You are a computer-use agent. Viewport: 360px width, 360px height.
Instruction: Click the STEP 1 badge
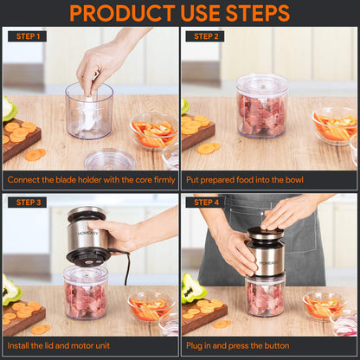click(27, 36)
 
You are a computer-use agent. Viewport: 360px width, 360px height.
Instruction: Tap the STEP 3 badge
click(27, 202)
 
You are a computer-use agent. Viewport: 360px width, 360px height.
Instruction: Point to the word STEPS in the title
click(257, 13)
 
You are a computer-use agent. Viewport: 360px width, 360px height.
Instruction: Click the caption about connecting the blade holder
click(89, 180)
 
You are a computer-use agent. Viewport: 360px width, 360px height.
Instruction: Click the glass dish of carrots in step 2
click(331, 127)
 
